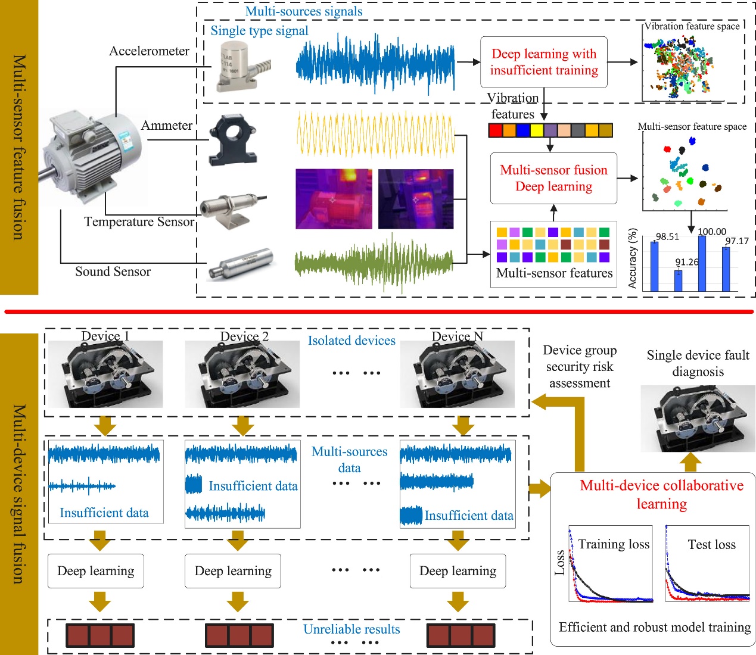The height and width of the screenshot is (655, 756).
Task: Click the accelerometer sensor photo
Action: (x=241, y=66)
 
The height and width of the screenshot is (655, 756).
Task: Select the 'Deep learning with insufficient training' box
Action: (x=543, y=62)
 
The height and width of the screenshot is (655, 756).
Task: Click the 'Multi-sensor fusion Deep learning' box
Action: (x=553, y=178)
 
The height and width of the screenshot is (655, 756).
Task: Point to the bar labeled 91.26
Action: (x=678, y=280)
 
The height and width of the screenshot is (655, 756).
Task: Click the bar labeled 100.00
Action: (x=702, y=263)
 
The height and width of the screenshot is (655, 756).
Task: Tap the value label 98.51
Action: (x=667, y=236)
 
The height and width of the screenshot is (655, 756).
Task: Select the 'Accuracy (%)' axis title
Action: (x=633, y=258)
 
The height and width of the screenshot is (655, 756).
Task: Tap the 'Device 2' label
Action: (x=244, y=336)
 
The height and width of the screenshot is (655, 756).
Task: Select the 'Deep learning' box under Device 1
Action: (x=96, y=571)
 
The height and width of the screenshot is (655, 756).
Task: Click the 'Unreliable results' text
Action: (x=351, y=629)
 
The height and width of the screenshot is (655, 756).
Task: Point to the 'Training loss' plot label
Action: (x=614, y=544)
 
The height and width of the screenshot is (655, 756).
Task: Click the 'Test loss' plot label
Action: (x=711, y=545)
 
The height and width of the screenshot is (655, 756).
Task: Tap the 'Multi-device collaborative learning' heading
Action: (x=661, y=494)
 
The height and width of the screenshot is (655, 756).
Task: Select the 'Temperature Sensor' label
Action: (x=139, y=222)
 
